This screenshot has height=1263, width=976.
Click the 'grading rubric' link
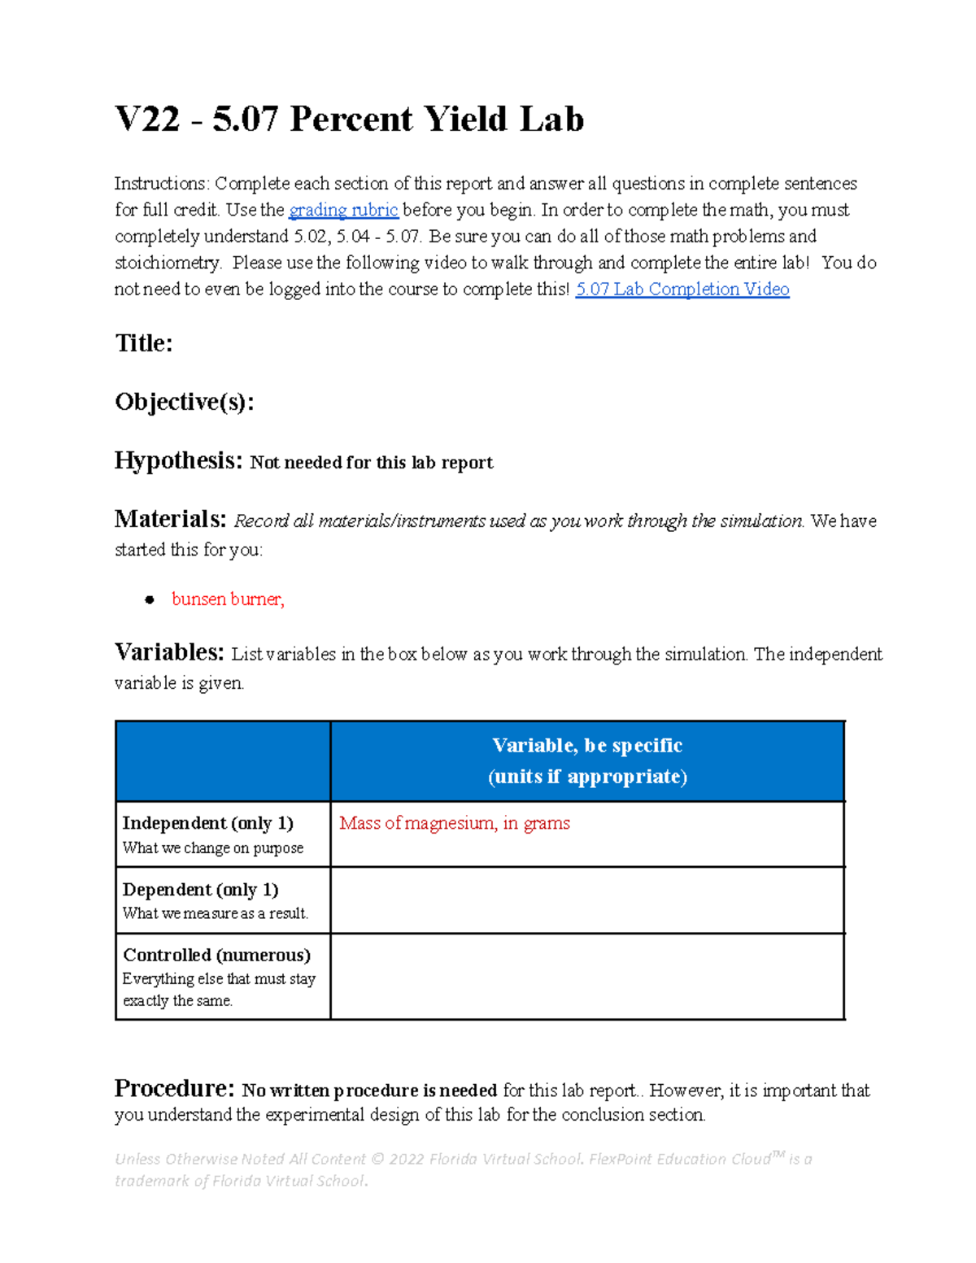[343, 211]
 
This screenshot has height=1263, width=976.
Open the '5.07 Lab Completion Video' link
[682, 290]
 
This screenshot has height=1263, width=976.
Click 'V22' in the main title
[147, 120]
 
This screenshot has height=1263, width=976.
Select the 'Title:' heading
[144, 343]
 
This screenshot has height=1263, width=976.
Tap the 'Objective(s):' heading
[185, 402]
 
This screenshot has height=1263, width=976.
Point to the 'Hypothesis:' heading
[178, 461]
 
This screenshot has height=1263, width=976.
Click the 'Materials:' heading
[170, 519]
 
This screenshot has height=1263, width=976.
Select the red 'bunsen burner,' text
[228, 599]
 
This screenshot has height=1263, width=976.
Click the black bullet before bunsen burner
[150, 600]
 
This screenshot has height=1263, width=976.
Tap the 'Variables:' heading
[169, 652]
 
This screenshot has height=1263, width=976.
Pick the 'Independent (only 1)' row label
[207, 823]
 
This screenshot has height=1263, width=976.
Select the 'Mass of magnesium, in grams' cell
[455, 823]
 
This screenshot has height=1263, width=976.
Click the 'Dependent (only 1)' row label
[200, 890]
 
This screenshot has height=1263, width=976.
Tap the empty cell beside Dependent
[587, 900]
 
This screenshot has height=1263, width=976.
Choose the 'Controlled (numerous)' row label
[216, 955]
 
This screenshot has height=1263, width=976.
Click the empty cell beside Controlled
[587, 977]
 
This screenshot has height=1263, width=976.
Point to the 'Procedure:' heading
[175, 1088]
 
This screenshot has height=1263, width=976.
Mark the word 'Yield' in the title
[466, 120]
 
